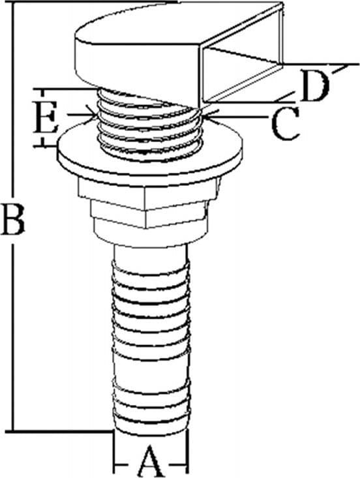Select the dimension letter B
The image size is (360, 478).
[x=12, y=220]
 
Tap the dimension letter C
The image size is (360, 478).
[x=285, y=123]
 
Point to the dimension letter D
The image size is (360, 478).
[x=314, y=86]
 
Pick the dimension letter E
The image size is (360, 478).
[x=46, y=117]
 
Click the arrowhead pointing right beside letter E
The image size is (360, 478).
[x=91, y=115]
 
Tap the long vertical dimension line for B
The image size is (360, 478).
[x=13, y=217]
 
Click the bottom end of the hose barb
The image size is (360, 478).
[x=151, y=430]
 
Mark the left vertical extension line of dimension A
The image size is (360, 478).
[x=113, y=451]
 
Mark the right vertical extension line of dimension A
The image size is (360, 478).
[x=188, y=451]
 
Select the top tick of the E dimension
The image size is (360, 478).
[x=65, y=89]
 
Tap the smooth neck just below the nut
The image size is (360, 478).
[x=151, y=254]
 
